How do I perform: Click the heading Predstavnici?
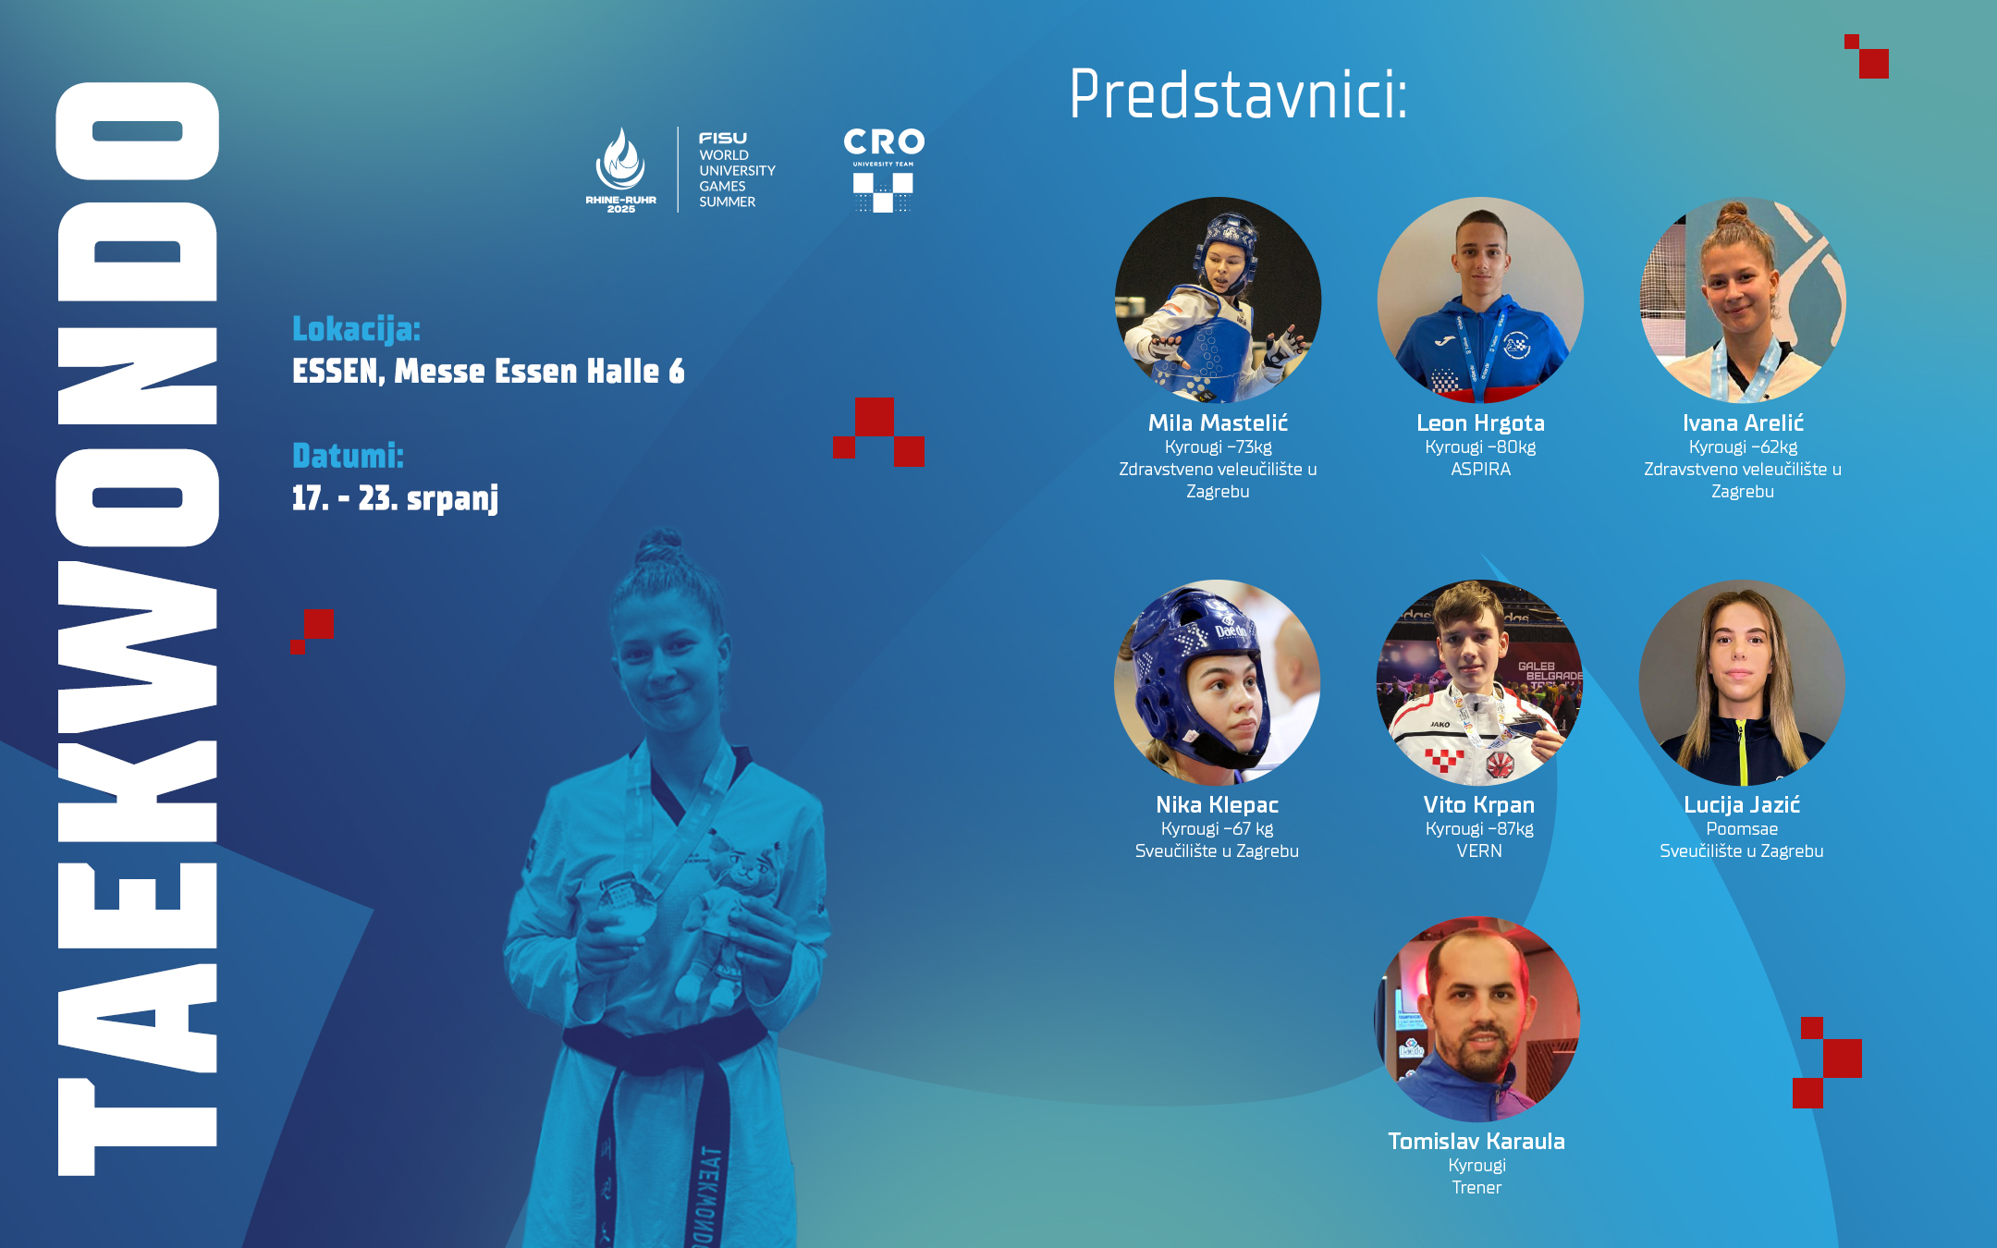(1238, 94)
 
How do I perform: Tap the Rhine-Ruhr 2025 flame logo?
(620, 170)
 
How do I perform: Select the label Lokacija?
(356, 329)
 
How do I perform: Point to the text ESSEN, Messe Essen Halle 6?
(488, 371)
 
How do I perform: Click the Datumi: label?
(348, 456)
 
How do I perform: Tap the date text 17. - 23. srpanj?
(395, 498)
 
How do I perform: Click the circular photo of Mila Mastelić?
(1218, 300)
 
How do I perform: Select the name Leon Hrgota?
(1480, 423)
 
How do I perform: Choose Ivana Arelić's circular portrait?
(1743, 300)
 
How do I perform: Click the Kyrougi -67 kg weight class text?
(1217, 829)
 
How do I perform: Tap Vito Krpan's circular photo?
(1479, 682)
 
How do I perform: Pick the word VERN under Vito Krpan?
(1479, 850)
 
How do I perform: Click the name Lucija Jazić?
(1742, 805)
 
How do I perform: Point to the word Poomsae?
(1742, 829)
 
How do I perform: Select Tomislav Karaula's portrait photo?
(1476, 1019)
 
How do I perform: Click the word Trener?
(1476, 1187)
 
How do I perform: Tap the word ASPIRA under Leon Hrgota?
(1480, 470)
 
